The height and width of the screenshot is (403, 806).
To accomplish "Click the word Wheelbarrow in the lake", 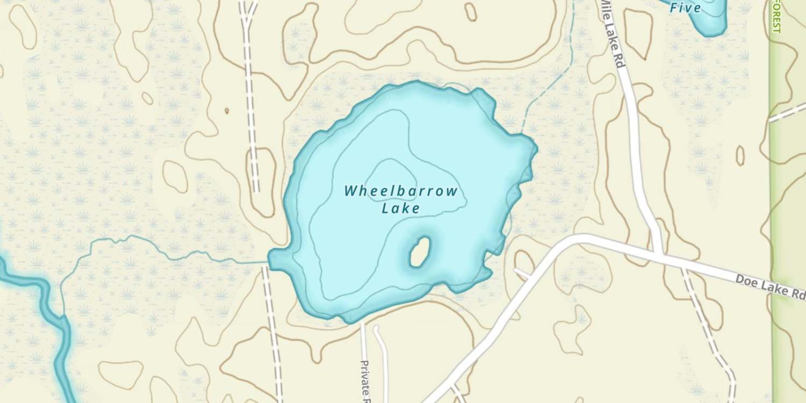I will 401,191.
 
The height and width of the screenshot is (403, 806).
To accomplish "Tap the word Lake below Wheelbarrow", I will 400,208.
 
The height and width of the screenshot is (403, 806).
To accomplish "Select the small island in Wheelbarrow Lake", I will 419,253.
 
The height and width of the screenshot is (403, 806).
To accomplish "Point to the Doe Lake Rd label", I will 770,286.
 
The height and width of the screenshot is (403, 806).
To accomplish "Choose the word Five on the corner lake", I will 686,8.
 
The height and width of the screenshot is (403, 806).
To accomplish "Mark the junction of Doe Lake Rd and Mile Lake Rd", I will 659,253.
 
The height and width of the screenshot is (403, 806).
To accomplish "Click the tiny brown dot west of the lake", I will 226,111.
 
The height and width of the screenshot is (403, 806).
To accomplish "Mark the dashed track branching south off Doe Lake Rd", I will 704,322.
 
